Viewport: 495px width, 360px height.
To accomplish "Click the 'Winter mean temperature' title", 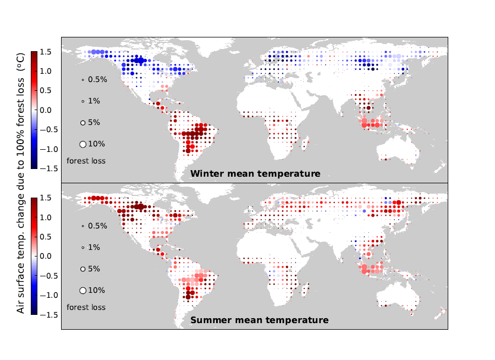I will tap(255, 174).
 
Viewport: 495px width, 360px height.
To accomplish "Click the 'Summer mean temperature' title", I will tap(259, 320).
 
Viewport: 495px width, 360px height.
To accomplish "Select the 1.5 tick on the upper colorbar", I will tap(46, 52).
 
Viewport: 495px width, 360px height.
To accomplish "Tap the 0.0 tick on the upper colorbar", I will tap(46, 110).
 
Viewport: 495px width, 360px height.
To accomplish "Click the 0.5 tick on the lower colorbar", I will tap(46, 237).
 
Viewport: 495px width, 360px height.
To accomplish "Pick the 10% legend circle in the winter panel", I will tap(83, 144).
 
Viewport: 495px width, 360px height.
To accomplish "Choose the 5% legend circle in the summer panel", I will tap(82, 269).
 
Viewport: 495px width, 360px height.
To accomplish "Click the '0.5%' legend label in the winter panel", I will tap(97, 80).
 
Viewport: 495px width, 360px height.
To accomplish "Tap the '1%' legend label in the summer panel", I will tap(94, 248).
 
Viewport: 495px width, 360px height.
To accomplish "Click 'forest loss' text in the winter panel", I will tap(86, 161).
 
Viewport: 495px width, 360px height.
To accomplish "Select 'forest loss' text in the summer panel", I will tap(86, 307).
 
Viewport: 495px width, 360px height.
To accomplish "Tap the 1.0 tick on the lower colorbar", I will tap(46, 217).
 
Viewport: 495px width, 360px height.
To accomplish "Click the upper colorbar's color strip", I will tap(34, 110).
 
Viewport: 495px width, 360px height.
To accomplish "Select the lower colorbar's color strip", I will tap(34, 256).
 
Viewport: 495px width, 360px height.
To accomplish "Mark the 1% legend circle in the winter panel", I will tap(82, 101).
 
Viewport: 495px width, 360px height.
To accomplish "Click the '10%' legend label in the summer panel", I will tap(96, 290).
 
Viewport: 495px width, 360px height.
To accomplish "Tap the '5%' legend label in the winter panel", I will tap(94, 123).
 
